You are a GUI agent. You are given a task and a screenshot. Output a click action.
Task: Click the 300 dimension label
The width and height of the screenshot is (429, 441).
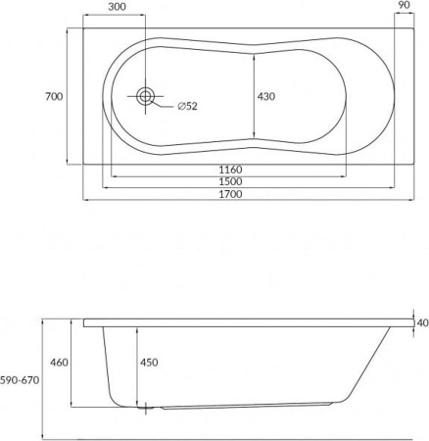click(x=116, y=6)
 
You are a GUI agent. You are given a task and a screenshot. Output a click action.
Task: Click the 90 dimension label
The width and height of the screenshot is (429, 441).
click(x=404, y=6)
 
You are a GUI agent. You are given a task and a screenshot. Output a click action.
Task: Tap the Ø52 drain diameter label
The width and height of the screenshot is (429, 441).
click(x=188, y=106)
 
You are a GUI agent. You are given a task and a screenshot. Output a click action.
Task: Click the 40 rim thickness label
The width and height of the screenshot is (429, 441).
click(x=422, y=322)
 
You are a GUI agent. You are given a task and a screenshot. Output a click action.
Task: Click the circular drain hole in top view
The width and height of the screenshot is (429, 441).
click(x=146, y=96)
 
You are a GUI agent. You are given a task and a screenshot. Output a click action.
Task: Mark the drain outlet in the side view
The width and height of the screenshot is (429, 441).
click(x=147, y=405)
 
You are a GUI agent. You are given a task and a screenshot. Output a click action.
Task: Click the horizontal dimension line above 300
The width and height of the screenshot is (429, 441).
click(x=116, y=17)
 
